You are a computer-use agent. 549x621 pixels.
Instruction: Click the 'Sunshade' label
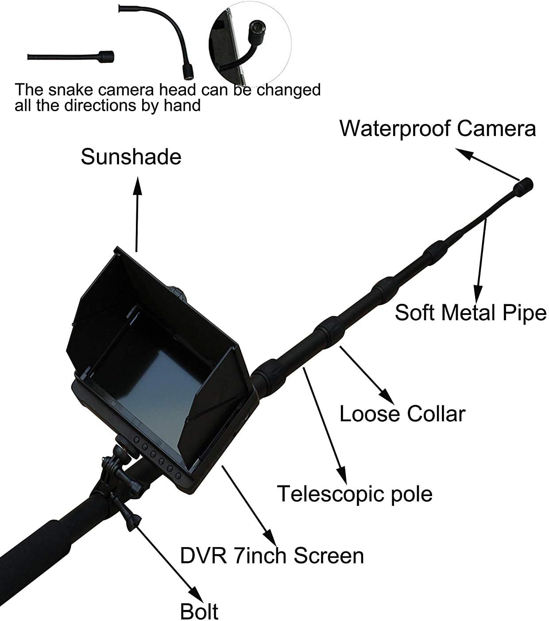131,157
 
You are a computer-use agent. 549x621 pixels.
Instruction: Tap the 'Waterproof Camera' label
437,128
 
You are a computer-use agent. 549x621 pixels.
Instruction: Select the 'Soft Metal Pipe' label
471,313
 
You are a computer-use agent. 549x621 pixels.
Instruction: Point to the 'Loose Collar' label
402,414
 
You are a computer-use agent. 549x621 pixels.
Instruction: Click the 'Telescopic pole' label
354,493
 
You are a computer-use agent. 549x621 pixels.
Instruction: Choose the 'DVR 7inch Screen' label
272,555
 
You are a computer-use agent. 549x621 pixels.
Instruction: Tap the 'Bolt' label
199,611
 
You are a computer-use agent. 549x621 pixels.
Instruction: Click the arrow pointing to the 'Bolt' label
166,558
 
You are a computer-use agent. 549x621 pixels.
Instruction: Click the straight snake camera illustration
71,57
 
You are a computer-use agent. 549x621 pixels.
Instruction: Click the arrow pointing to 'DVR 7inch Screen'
248,505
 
